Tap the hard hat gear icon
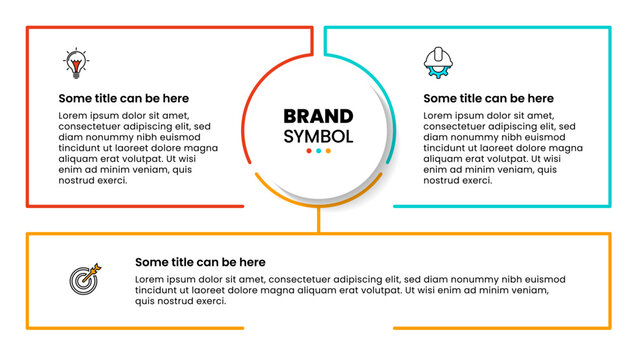click(436, 62)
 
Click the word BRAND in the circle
click(318, 116)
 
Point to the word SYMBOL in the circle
click(318, 135)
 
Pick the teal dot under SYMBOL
click(318, 151)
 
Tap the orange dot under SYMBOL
click(328, 151)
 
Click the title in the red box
click(123, 99)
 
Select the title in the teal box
click(488, 99)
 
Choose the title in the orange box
click(200, 262)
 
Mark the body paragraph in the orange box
click(350, 290)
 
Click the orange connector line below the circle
click(318, 220)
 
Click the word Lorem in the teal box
click(441, 116)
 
